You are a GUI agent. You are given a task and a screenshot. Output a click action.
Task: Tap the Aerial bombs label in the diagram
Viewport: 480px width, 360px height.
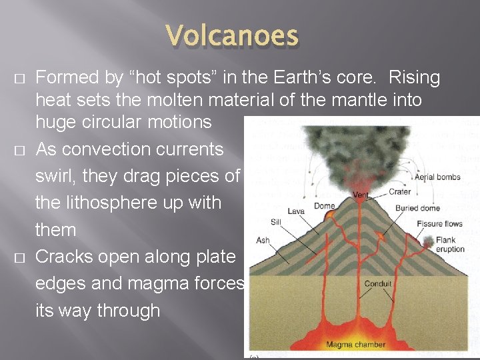click(437, 177)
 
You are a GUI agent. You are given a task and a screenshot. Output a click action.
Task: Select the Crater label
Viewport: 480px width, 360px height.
click(399, 191)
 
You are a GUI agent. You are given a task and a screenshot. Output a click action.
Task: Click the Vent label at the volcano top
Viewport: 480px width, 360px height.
click(361, 195)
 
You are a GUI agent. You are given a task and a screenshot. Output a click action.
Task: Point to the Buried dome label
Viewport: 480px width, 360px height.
click(417, 208)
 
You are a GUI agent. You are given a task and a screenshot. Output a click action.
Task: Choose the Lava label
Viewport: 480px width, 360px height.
click(296, 211)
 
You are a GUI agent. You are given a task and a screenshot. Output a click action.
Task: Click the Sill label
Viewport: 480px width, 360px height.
click(276, 222)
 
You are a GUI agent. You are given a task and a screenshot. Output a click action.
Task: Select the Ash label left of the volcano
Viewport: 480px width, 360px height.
click(263, 240)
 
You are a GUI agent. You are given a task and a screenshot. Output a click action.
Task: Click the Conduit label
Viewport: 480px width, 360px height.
click(378, 283)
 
